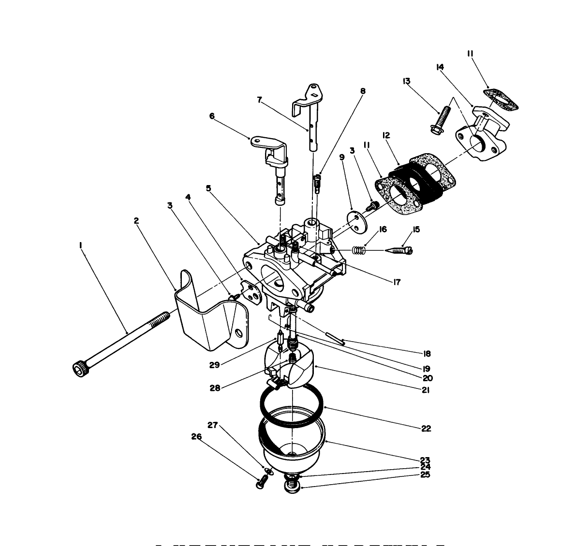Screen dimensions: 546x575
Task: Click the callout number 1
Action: [x=80, y=245]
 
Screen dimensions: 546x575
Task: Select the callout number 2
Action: [x=136, y=220]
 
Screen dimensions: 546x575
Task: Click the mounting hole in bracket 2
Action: [x=238, y=333]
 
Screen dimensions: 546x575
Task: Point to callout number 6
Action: [x=211, y=116]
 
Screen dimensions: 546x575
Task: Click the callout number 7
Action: [x=260, y=100]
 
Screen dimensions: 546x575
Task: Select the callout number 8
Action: [x=363, y=91]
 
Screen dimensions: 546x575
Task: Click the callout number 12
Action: [x=385, y=136]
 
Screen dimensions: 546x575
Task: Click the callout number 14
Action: [x=440, y=67]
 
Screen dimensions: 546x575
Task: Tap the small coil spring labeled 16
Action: [x=358, y=250]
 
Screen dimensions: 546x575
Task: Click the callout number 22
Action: [x=426, y=429]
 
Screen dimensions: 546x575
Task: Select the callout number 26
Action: [x=196, y=436]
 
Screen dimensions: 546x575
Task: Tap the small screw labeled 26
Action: [x=261, y=481]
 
